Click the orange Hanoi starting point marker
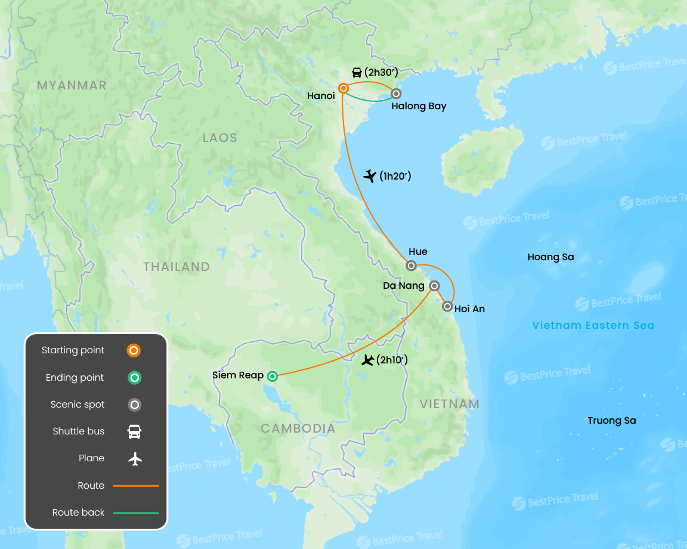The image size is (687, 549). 343,88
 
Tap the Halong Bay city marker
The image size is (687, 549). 395,93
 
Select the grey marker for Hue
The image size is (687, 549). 411,266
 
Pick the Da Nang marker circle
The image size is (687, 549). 435,286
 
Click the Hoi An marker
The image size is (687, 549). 447,307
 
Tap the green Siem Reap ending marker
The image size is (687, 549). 272,376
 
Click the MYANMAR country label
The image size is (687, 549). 72,85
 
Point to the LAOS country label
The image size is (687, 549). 219,138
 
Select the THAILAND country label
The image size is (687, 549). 177,267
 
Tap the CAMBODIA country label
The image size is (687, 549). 298,428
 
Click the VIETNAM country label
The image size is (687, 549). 450,404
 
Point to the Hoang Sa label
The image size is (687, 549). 550,257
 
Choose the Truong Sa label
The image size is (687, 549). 611,421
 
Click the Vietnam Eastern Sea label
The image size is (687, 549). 593,325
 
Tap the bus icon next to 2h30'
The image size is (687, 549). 357,73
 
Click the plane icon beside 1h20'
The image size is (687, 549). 370,176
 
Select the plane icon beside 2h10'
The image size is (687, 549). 368,360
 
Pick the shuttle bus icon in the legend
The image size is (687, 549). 135,431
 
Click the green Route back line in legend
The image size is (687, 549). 136,513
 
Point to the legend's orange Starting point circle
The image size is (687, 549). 134,350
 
